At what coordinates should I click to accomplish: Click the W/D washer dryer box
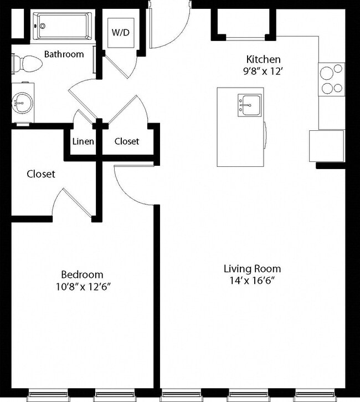(x=121, y=33)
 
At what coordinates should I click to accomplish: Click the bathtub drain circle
(x=43, y=26)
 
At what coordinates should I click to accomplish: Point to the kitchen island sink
(x=250, y=105)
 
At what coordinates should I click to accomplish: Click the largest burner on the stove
(x=327, y=73)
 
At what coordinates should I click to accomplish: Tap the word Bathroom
(x=64, y=54)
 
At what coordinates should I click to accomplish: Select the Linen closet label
(x=83, y=141)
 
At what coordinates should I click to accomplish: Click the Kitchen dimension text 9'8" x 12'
(x=263, y=72)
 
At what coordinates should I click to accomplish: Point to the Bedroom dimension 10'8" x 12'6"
(x=83, y=287)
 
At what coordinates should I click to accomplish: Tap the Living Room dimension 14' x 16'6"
(x=252, y=281)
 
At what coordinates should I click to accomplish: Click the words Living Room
(x=252, y=269)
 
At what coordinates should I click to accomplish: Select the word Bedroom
(x=82, y=274)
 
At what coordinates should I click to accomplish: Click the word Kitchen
(x=263, y=59)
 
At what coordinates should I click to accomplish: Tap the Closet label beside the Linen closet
(x=127, y=141)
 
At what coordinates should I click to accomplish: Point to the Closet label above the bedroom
(x=41, y=174)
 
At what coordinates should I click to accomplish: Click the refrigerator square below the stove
(x=326, y=146)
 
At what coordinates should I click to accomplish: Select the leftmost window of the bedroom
(x=48, y=395)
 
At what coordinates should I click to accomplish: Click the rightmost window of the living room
(x=314, y=395)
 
